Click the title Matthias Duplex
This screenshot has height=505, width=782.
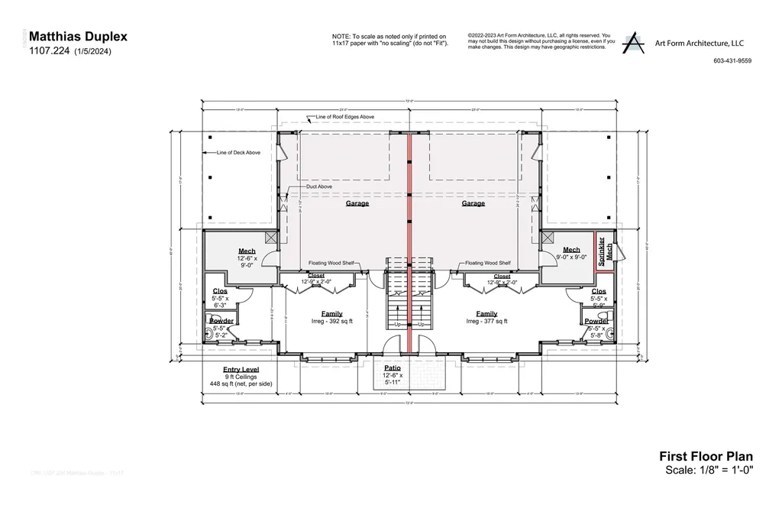coord(78,36)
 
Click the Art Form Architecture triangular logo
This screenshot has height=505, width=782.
coord(632,43)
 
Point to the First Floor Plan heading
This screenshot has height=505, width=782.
coord(706,456)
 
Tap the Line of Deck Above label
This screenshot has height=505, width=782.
coord(238,153)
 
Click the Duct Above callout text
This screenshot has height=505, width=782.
coord(318,186)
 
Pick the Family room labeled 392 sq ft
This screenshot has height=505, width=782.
coord(331,314)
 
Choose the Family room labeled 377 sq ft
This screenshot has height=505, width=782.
coord(486,314)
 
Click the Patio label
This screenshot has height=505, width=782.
coord(391,368)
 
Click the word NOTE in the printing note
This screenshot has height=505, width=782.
coord(341,36)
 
